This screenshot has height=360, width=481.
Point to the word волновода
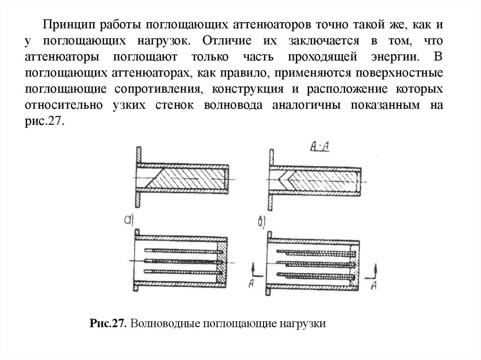[233, 106]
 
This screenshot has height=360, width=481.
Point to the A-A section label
[319, 146]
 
